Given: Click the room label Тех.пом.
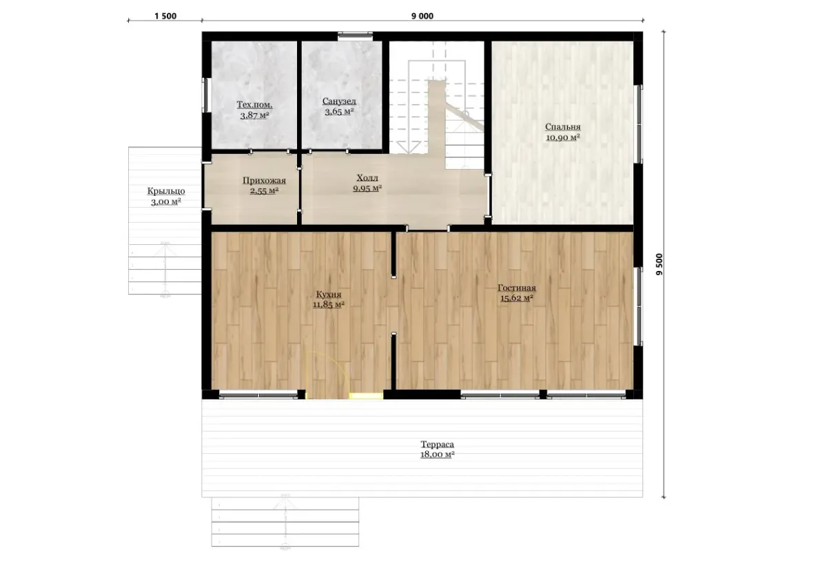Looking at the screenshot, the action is [254, 105].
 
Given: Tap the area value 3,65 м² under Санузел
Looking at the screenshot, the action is [339, 111].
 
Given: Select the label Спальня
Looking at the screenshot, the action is [562, 127].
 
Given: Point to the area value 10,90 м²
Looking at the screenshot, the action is [562, 137].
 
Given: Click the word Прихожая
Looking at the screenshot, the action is [264, 181].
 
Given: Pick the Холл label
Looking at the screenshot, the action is [367, 178].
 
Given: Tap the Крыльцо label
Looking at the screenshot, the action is [166, 192].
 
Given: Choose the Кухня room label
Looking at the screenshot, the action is [329, 295].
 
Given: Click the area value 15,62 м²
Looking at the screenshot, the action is [516, 298].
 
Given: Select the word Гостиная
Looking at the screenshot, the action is [516, 288].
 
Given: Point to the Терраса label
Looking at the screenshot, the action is [437, 444].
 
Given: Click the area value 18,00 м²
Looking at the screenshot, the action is [437, 455].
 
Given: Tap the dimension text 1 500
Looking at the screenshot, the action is [165, 16].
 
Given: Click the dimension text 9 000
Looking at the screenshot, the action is [422, 16].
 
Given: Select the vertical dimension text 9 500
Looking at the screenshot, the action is [660, 264].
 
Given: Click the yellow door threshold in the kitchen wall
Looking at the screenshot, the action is [366, 396].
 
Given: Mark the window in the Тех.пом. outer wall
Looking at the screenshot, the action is [205, 95].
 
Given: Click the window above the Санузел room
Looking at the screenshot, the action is [355, 35].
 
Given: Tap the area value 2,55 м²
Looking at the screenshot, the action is [264, 191].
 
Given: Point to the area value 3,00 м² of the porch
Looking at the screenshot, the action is [166, 201].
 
